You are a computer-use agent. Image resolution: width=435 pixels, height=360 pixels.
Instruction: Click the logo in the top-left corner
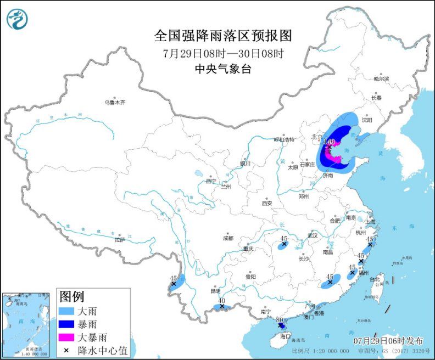[17, 19]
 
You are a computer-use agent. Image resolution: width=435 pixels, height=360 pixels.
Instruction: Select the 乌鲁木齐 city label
[115, 103]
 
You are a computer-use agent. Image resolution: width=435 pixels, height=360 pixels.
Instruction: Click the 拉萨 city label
[120, 239]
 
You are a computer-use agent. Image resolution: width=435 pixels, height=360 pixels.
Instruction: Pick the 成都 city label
[228, 238]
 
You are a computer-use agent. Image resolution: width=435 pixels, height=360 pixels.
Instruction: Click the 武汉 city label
[314, 235]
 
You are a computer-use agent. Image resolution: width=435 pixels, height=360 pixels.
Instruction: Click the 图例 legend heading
[72, 297]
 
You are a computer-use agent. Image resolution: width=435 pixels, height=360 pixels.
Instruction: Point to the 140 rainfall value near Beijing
[329, 142]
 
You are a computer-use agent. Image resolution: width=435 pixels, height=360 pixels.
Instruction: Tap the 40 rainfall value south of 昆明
[221, 300]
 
